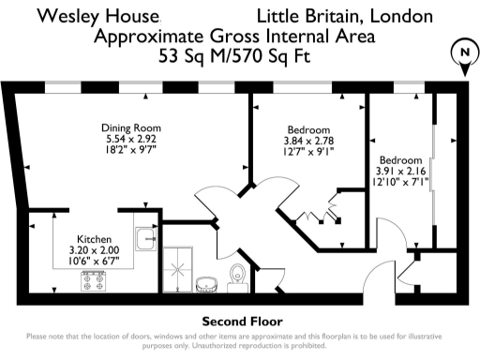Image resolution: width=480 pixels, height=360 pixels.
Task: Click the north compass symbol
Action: coord(462,52)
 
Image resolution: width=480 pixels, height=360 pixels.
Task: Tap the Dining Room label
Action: coord(132,127)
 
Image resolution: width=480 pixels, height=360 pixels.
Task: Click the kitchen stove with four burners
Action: coord(95,279)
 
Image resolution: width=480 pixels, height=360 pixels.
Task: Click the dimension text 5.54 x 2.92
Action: coord(132,138)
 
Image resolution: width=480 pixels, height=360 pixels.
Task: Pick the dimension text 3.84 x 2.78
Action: coord(308,139)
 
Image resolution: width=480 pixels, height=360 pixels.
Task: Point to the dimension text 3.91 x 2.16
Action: coord(401,172)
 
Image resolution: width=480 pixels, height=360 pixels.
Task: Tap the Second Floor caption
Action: coord(239,321)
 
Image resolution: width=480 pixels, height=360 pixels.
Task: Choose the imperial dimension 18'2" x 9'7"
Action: coord(132,149)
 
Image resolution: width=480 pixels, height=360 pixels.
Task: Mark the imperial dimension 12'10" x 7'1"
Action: coord(401,183)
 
